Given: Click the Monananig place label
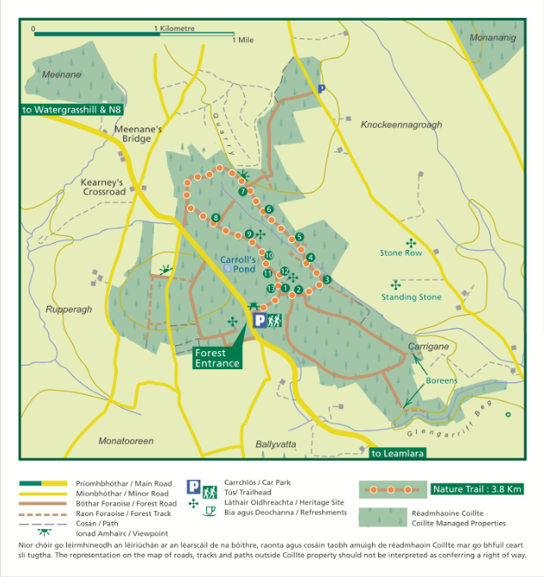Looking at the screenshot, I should click(494, 39).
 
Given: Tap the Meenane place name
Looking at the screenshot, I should click(60, 75).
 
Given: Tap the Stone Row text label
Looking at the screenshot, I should click(401, 253).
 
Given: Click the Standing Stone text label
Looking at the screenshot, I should click(412, 297).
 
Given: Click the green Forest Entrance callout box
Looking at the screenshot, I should click(217, 358).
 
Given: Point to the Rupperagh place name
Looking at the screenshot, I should click(68, 311).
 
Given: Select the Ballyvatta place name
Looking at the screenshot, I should click(276, 444).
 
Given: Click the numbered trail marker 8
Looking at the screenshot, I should click(215, 217).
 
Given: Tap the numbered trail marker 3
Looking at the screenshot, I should click(326, 279).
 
